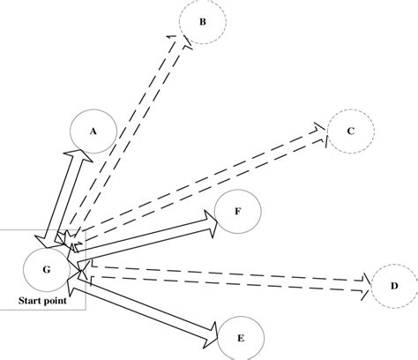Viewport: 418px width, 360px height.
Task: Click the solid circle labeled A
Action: pyautogui.click(x=93, y=131)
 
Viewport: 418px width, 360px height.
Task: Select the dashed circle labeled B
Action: pyautogui.click(x=201, y=22)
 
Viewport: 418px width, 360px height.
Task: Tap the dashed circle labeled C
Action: pyautogui.click(x=350, y=132)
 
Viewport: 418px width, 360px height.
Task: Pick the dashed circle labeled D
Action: pyautogui.click(x=393, y=286)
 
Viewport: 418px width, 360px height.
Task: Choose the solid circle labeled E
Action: pyautogui.click(x=242, y=337)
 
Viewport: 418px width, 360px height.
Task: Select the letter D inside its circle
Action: pyautogui.click(x=393, y=286)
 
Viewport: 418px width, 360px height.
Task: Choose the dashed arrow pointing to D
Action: pyautogui.click(x=229, y=274)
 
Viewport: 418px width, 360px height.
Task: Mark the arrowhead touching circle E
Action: pyautogui.click(x=212, y=331)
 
